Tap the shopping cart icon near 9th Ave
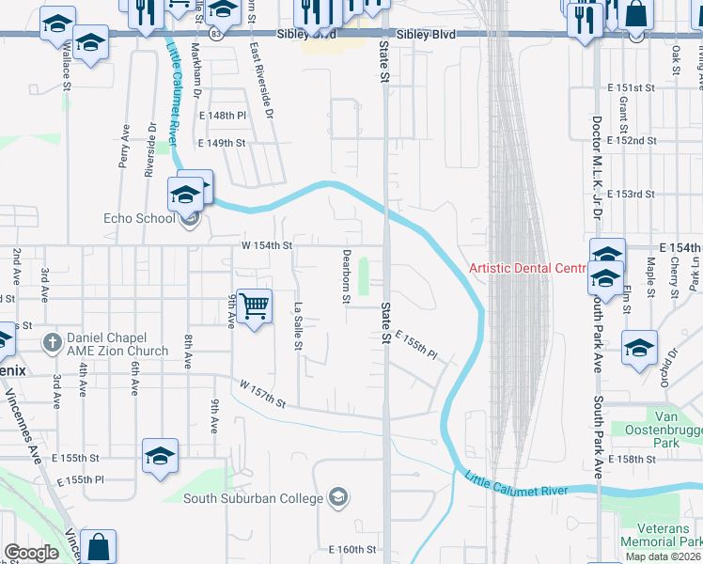(x=255, y=305)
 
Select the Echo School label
(x=139, y=219)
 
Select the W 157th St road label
(x=262, y=394)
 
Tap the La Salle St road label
(x=297, y=326)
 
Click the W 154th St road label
(x=264, y=245)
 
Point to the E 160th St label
(x=352, y=549)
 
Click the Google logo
(x=31, y=552)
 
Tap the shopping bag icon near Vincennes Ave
(x=99, y=547)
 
